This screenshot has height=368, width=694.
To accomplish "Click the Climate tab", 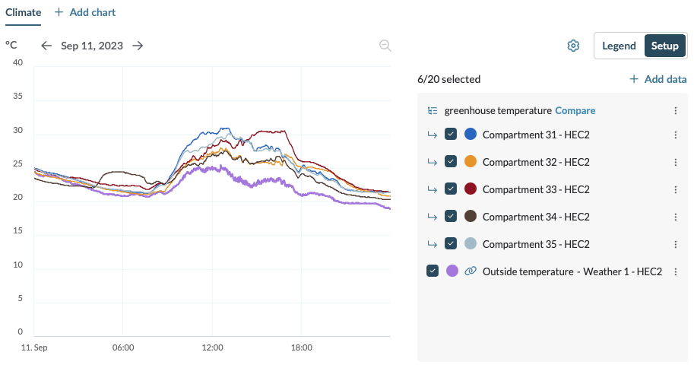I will click(x=24, y=12).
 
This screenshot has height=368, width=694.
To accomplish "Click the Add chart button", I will click(x=85, y=12).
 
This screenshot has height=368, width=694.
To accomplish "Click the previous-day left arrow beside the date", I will click(x=46, y=46).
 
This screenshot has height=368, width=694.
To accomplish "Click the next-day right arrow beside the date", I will click(x=138, y=46).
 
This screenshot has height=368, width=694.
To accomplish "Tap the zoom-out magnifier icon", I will click(x=385, y=46).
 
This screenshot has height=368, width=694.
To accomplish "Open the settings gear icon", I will click(x=573, y=46).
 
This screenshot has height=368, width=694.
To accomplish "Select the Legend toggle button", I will click(x=619, y=46).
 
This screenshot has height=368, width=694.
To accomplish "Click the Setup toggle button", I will click(x=664, y=46).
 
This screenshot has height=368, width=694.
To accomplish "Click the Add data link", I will click(x=658, y=79).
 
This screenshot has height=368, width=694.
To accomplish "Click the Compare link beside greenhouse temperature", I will click(x=575, y=110).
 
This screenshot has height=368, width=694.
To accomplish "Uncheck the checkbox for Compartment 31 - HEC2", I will click(x=451, y=135).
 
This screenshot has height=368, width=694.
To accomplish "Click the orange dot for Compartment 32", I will click(x=471, y=162).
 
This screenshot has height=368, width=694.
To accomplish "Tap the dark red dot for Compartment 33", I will click(x=471, y=189).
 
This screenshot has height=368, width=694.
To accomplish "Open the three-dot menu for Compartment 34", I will click(x=675, y=217).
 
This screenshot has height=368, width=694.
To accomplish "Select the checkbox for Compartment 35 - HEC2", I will click(x=451, y=244).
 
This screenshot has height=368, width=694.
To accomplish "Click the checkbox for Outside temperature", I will click(x=433, y=271).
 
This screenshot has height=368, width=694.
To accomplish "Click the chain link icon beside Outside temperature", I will click(x=471, y=271).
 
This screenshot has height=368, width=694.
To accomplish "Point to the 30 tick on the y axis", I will click(x=17, y=131).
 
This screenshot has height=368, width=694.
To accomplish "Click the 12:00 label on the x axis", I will click(x=212, y=347).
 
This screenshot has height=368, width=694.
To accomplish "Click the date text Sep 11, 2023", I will click(x=92, y=46).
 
